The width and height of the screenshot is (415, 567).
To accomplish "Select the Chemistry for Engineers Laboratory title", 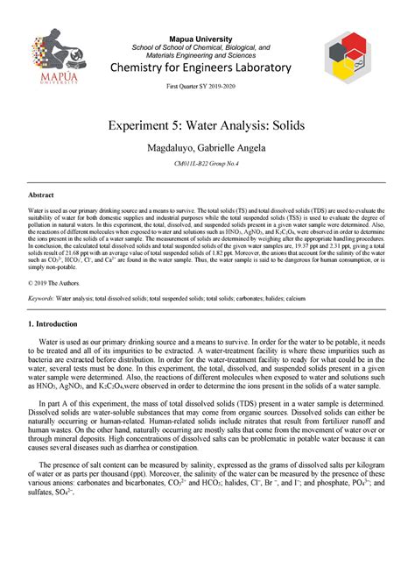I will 207,68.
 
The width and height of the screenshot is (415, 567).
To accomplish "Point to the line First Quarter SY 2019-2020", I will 207,89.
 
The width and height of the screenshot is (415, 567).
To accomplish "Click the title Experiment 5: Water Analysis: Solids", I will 207,127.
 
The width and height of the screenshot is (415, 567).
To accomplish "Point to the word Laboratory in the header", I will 262,68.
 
